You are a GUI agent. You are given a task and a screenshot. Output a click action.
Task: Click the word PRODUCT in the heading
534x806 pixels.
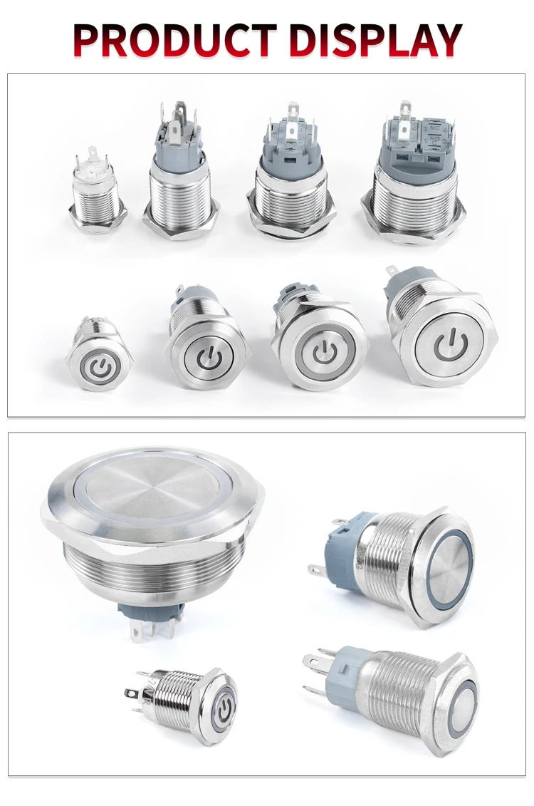click(175, 40)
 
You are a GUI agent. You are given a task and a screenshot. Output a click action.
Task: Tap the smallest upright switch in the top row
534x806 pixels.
click(96, 192)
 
